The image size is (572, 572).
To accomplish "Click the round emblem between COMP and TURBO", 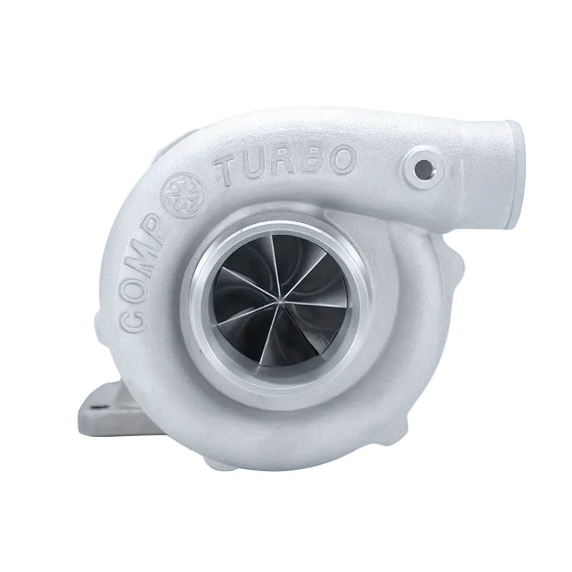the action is [x=185, y=195].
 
